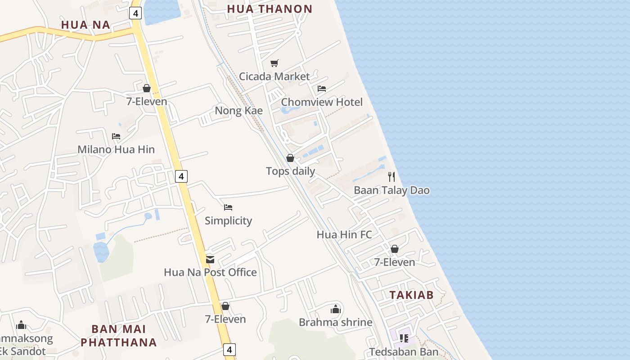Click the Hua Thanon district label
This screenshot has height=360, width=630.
click(x=270, y=9)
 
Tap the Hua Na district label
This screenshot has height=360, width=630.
click(x=85, y=25)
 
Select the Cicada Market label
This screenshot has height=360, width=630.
click(x=274, y=76)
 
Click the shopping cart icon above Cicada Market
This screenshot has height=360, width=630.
click(x=274, y=63)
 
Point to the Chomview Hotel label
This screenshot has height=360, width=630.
click(x=322, y=102)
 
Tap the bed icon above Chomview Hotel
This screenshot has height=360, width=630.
click(x=322, y=89)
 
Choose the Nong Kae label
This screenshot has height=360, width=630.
click(x=238, y=111)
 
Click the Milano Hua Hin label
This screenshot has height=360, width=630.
click(x=116, y=149)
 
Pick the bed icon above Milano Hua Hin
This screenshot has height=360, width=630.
click(x=116, y=136)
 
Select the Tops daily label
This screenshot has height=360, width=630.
click(x=290, y=171)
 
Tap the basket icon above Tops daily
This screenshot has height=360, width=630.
click(x=290, y=158)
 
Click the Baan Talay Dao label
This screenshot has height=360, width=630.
click(x=391, y=190)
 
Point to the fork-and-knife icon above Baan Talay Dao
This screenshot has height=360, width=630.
click(x=391, y=177)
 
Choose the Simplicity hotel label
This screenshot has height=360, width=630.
click(x=228, y=221)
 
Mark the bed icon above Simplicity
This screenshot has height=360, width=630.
click(x=228, y=207)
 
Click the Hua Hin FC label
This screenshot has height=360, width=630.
click(x=344, y=234)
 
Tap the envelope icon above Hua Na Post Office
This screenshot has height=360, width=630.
click(x=210, y=259)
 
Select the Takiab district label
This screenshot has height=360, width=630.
click(x=411, y=295)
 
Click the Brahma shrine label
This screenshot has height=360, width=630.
click(x=336, y=323)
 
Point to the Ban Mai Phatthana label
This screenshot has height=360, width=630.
click(x=119, y=336)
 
